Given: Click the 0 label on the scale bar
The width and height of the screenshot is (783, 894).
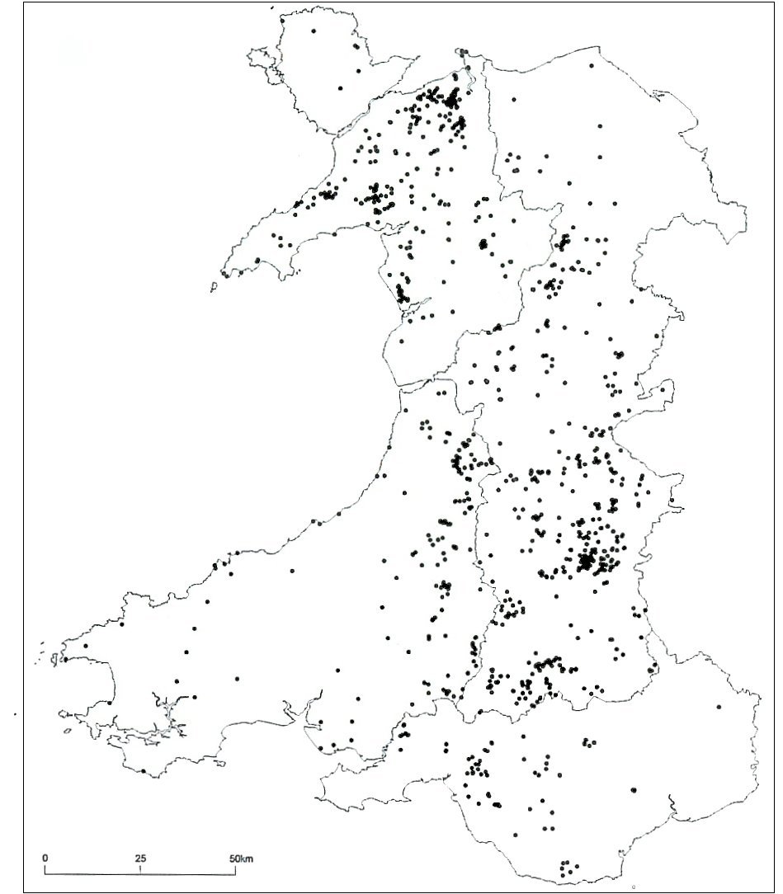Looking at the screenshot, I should click(x=45, y=858).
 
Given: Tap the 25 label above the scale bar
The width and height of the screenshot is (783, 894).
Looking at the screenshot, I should click(x=140, y=858).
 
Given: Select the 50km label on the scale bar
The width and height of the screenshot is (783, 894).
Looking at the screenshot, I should click(x=243, y=858).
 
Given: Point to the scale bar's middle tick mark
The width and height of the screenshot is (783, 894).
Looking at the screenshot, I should click(x=140, y=869).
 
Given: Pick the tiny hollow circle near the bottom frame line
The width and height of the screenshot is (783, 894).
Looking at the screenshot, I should click(x=633, y=887).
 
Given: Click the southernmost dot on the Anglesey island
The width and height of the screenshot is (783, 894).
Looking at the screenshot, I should click(x=339, y=88).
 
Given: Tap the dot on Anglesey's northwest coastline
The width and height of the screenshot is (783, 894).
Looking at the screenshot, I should click(x=314, y=31).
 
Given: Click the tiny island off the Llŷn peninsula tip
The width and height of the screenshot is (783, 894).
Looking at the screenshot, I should click(x=213, y=286).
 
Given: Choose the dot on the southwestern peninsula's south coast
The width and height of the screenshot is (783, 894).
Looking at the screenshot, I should click(x=143, y=771).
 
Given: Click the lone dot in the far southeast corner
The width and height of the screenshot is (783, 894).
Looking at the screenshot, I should click(x=719, y=708).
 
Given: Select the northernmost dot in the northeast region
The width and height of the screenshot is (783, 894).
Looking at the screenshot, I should click(x=591, y=64).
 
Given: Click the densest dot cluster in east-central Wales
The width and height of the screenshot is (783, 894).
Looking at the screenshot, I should click(x=587, y=562).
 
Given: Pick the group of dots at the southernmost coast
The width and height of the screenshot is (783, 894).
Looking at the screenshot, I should click(x=566, y=868).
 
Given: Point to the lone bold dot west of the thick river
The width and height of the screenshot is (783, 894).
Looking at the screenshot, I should click(x=634, y=789).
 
